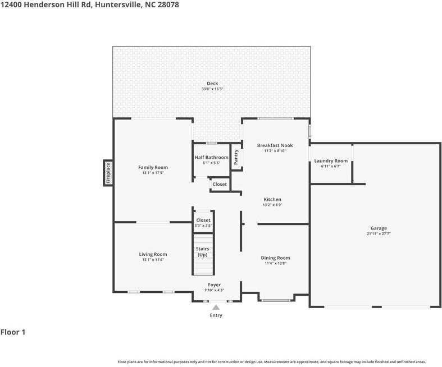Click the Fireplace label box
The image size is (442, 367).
(x=108, y=173)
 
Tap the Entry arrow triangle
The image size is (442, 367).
(x=216, y=307)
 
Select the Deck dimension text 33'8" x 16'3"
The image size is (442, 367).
(x=212, y=89)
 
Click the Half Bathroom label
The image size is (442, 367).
(x=211, y=158)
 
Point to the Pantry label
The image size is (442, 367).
(x=236, y=158)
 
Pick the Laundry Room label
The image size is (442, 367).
(x=331, y=161)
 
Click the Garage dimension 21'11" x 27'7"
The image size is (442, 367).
(x=379, y=233)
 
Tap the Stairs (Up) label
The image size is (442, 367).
(x=202, y=251)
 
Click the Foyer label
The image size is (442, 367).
(x=215, y=285)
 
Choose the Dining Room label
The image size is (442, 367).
(x=275, y=258)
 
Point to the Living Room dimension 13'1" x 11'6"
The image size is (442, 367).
(x=153, y=260)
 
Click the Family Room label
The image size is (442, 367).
(x=153, y=167)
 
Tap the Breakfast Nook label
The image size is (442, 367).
(x=275, y=145)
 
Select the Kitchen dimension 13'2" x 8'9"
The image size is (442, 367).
(x=273, y=205)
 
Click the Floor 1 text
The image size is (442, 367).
(x=13, y=332)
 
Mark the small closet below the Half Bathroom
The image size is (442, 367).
(x=220, y=184)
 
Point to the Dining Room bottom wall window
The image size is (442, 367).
(x=275, y=300)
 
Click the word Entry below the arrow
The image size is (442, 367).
(x=216, y=315)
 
